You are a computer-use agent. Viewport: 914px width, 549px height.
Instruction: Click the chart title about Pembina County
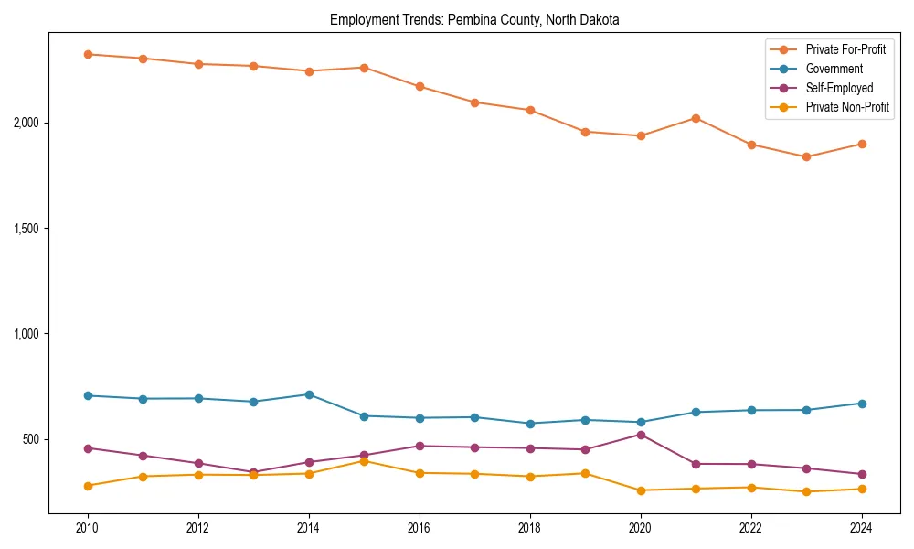point(474,20)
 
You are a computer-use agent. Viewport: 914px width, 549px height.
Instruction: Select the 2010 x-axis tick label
point(88,528)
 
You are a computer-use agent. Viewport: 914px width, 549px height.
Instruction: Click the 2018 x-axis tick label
point(530,528)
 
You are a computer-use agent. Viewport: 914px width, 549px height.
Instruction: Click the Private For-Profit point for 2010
point(88,54)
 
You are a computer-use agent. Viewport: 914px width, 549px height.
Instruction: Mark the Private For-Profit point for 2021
point(696,118)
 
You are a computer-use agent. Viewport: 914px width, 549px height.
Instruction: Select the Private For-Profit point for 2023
point(806,156)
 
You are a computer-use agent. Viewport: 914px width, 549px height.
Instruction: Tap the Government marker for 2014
point(309,394)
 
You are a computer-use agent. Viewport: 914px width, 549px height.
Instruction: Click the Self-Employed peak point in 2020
point(641,435)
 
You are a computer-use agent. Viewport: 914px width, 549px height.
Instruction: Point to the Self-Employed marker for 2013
point(254,472)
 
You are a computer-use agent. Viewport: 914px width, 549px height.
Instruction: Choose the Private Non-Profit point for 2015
point(364,461)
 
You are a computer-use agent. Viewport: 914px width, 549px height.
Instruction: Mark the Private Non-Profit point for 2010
point(88,486)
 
